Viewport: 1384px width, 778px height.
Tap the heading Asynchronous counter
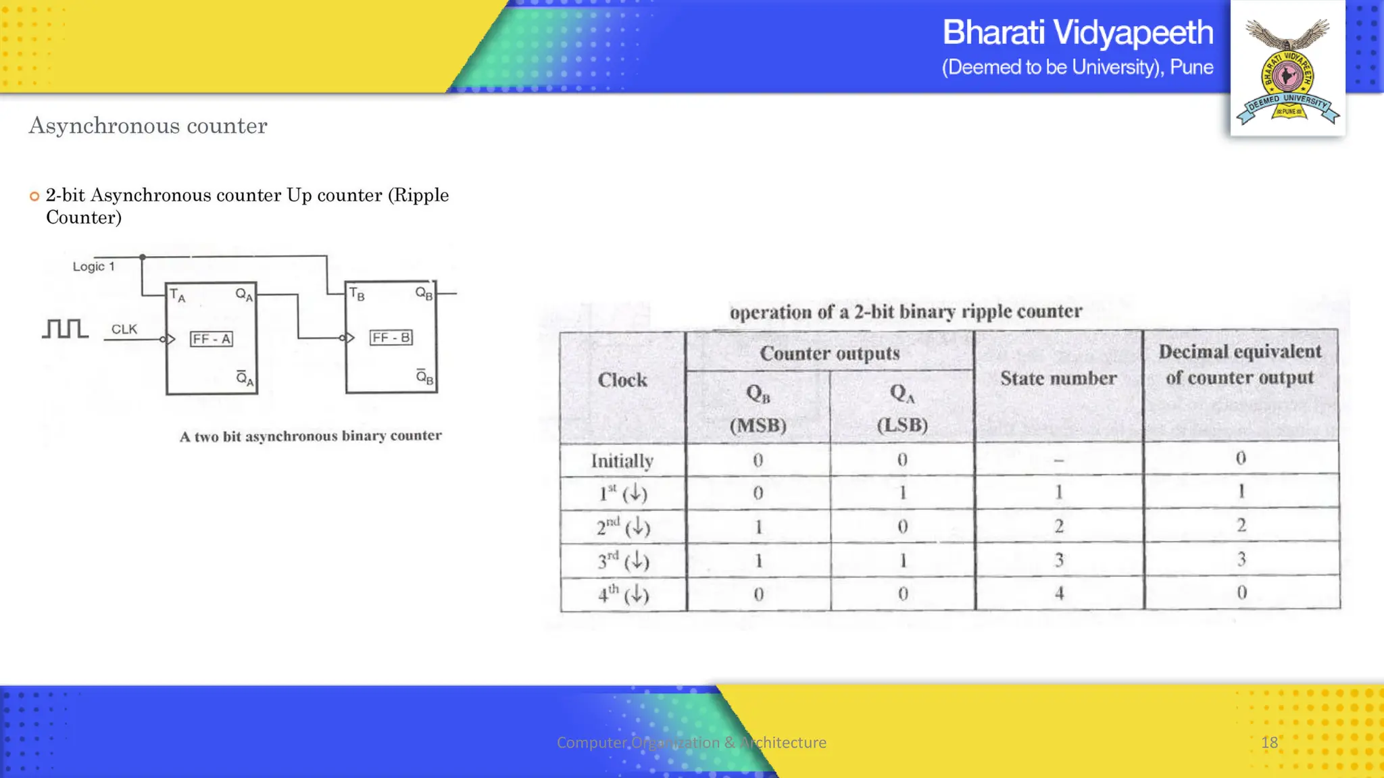(147, 126)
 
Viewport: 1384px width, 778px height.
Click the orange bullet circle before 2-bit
(34, 197)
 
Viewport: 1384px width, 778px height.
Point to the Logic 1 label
(93, 267)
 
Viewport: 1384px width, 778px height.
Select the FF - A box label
(211, 339)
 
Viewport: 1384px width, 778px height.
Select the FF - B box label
(391, 338)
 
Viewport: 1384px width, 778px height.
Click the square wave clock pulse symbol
(65, 329)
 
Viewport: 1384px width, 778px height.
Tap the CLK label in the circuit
(124, 329)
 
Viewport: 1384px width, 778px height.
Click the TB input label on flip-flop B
(357, 294)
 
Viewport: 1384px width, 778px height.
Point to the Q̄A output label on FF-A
(245, 378)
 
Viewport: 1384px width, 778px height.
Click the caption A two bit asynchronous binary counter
(310, 436)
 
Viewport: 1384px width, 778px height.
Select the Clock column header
(622, 380)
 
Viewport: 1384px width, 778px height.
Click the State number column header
(1058, 378)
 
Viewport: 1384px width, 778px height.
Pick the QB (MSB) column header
(758, 409)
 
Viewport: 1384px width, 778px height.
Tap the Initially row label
(622, 461)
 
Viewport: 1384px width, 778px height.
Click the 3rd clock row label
(622, 561)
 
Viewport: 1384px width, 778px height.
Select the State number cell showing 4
(1059, 593)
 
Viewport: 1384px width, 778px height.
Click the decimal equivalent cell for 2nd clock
(1241, 525)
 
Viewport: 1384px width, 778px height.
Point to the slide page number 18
(1269, 743)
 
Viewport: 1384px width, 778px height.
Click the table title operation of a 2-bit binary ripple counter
(906, 312)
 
